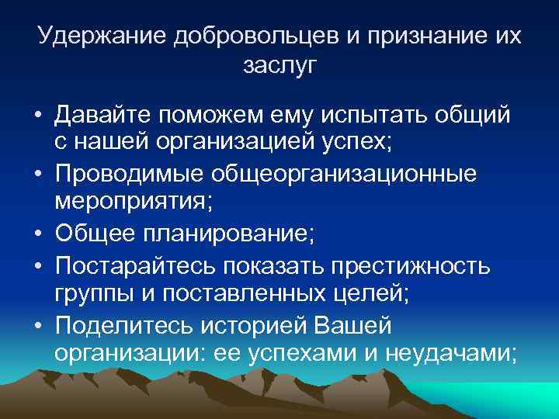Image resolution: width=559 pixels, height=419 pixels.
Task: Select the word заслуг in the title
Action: [x=279, y=67]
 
